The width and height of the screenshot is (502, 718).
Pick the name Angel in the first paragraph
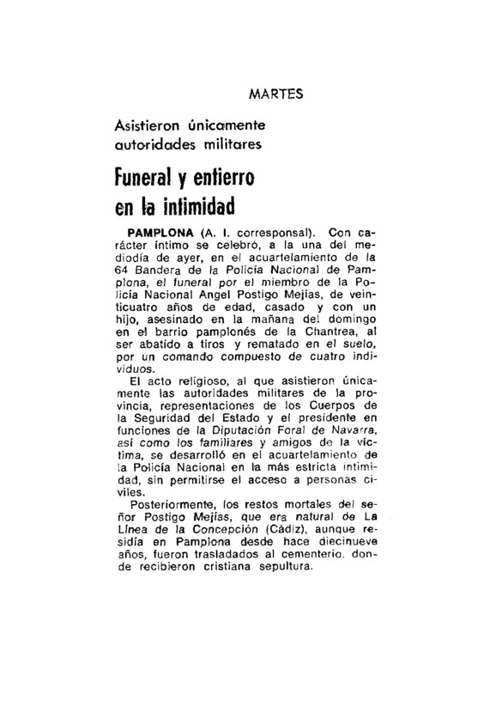click(x=221, y=293)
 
